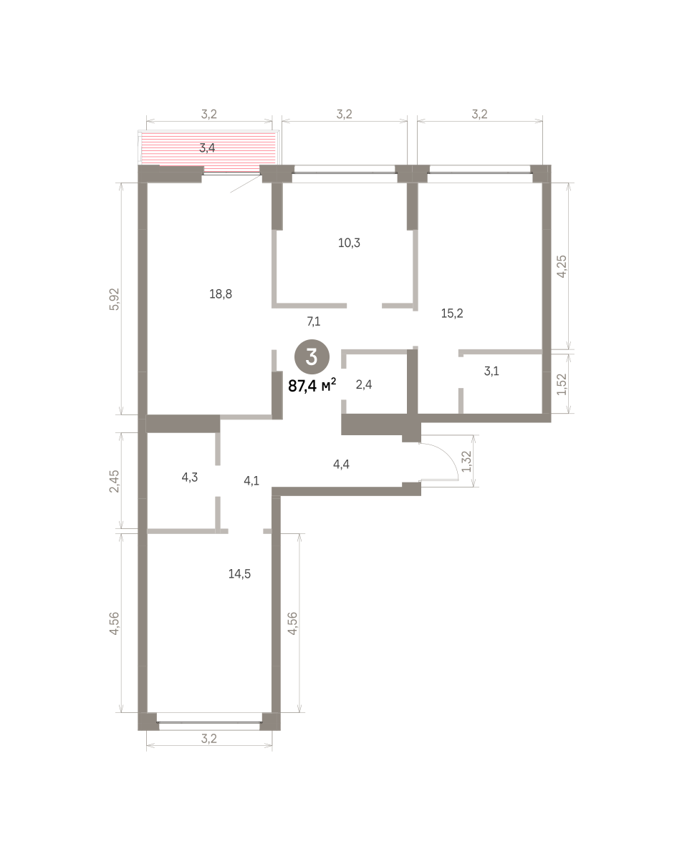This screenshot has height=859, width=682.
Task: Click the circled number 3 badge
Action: click(x=312, y=357)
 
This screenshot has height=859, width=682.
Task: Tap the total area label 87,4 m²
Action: click(x=312, y=386)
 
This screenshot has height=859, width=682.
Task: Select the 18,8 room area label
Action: click(x=221, y=294)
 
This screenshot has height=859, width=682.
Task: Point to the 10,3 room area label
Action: click(x=349, y=243)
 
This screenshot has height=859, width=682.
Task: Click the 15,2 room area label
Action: click(x=452, y=314)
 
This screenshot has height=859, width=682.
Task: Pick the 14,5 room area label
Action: click(x=239, y=573)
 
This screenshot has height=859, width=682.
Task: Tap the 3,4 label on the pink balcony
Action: click(x=207, y=148)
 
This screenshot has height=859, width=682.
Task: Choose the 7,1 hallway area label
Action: click(x=314, y=321)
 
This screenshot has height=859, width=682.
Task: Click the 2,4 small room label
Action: click(x=364, y=384)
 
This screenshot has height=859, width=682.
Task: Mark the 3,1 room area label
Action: click(x=491, y=372)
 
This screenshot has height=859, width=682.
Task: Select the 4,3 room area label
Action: click(x=190, y=477)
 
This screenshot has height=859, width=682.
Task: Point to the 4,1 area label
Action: click(x=251, y=480)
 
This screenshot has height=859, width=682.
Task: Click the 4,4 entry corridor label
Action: click(x=341, y=464)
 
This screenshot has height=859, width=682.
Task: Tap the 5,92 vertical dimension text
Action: click(x=115, y=299)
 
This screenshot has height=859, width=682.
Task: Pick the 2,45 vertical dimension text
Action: click(x=115, y=481)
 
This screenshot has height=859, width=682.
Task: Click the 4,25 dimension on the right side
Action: click(x=562, y=266)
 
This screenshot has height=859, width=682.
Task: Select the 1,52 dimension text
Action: click(x=562, y=384)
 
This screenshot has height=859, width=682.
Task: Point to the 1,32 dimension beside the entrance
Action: click(x=466, y=462)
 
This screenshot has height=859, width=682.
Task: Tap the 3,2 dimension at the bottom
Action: click(x=209, y=739)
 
